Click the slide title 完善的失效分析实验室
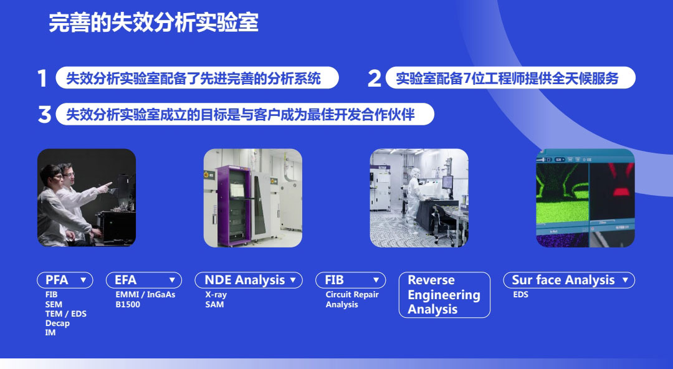pos(153,23)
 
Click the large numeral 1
pos(42,79)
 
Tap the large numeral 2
pos(374,79)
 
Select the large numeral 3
pos(44,115)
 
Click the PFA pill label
pos(57,280)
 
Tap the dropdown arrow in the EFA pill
pos(172,280)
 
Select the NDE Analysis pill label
pos(244,280)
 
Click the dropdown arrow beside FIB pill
pos(376,280)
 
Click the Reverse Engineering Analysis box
pos(444,295)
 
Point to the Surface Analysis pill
pos(563,280)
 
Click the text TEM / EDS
pos(65,314)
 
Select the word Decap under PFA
pos(57,323)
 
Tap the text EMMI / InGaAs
pos(145,294)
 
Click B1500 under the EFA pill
pos(128,304)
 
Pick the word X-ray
pos(216,294)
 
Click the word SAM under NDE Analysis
pos(214,304)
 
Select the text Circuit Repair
pos(352,294)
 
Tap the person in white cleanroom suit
pos(413,199)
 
